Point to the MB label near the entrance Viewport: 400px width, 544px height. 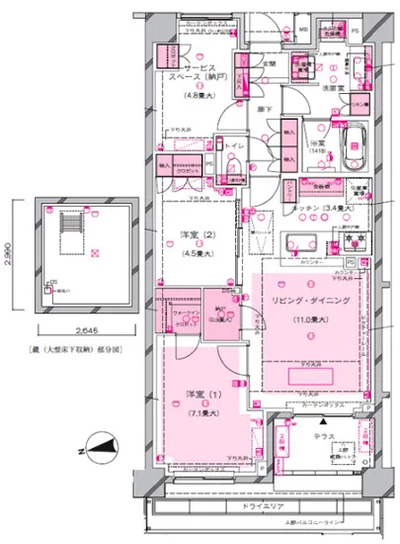pyautogui.click(x=303, y=30)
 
